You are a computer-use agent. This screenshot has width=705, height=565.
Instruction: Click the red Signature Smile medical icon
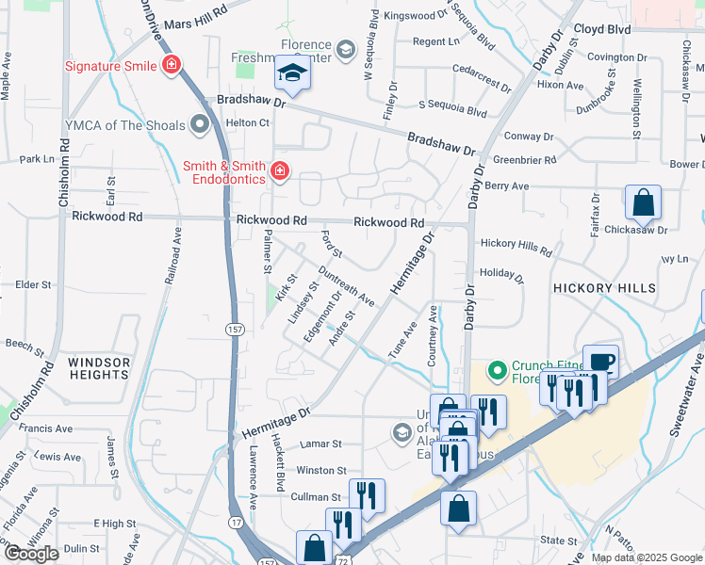172,66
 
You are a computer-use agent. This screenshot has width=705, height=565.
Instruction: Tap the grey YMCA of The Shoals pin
199,124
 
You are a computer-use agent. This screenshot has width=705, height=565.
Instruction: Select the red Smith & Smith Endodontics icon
279,170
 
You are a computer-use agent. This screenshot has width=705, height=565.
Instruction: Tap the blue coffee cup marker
599,362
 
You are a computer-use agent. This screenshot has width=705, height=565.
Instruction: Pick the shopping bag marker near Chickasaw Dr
643,202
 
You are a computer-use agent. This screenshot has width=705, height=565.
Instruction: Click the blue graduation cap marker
292,74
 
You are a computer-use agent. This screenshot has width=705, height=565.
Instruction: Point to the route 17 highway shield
236,522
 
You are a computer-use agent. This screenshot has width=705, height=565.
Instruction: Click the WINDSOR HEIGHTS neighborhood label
98,368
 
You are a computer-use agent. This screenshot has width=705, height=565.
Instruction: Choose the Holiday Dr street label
500,275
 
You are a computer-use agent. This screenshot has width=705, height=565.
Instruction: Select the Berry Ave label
507,186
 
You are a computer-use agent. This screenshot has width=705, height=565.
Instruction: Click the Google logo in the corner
31,554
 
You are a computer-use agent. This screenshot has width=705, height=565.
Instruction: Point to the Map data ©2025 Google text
645,557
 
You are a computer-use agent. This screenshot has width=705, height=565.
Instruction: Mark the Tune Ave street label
402,342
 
